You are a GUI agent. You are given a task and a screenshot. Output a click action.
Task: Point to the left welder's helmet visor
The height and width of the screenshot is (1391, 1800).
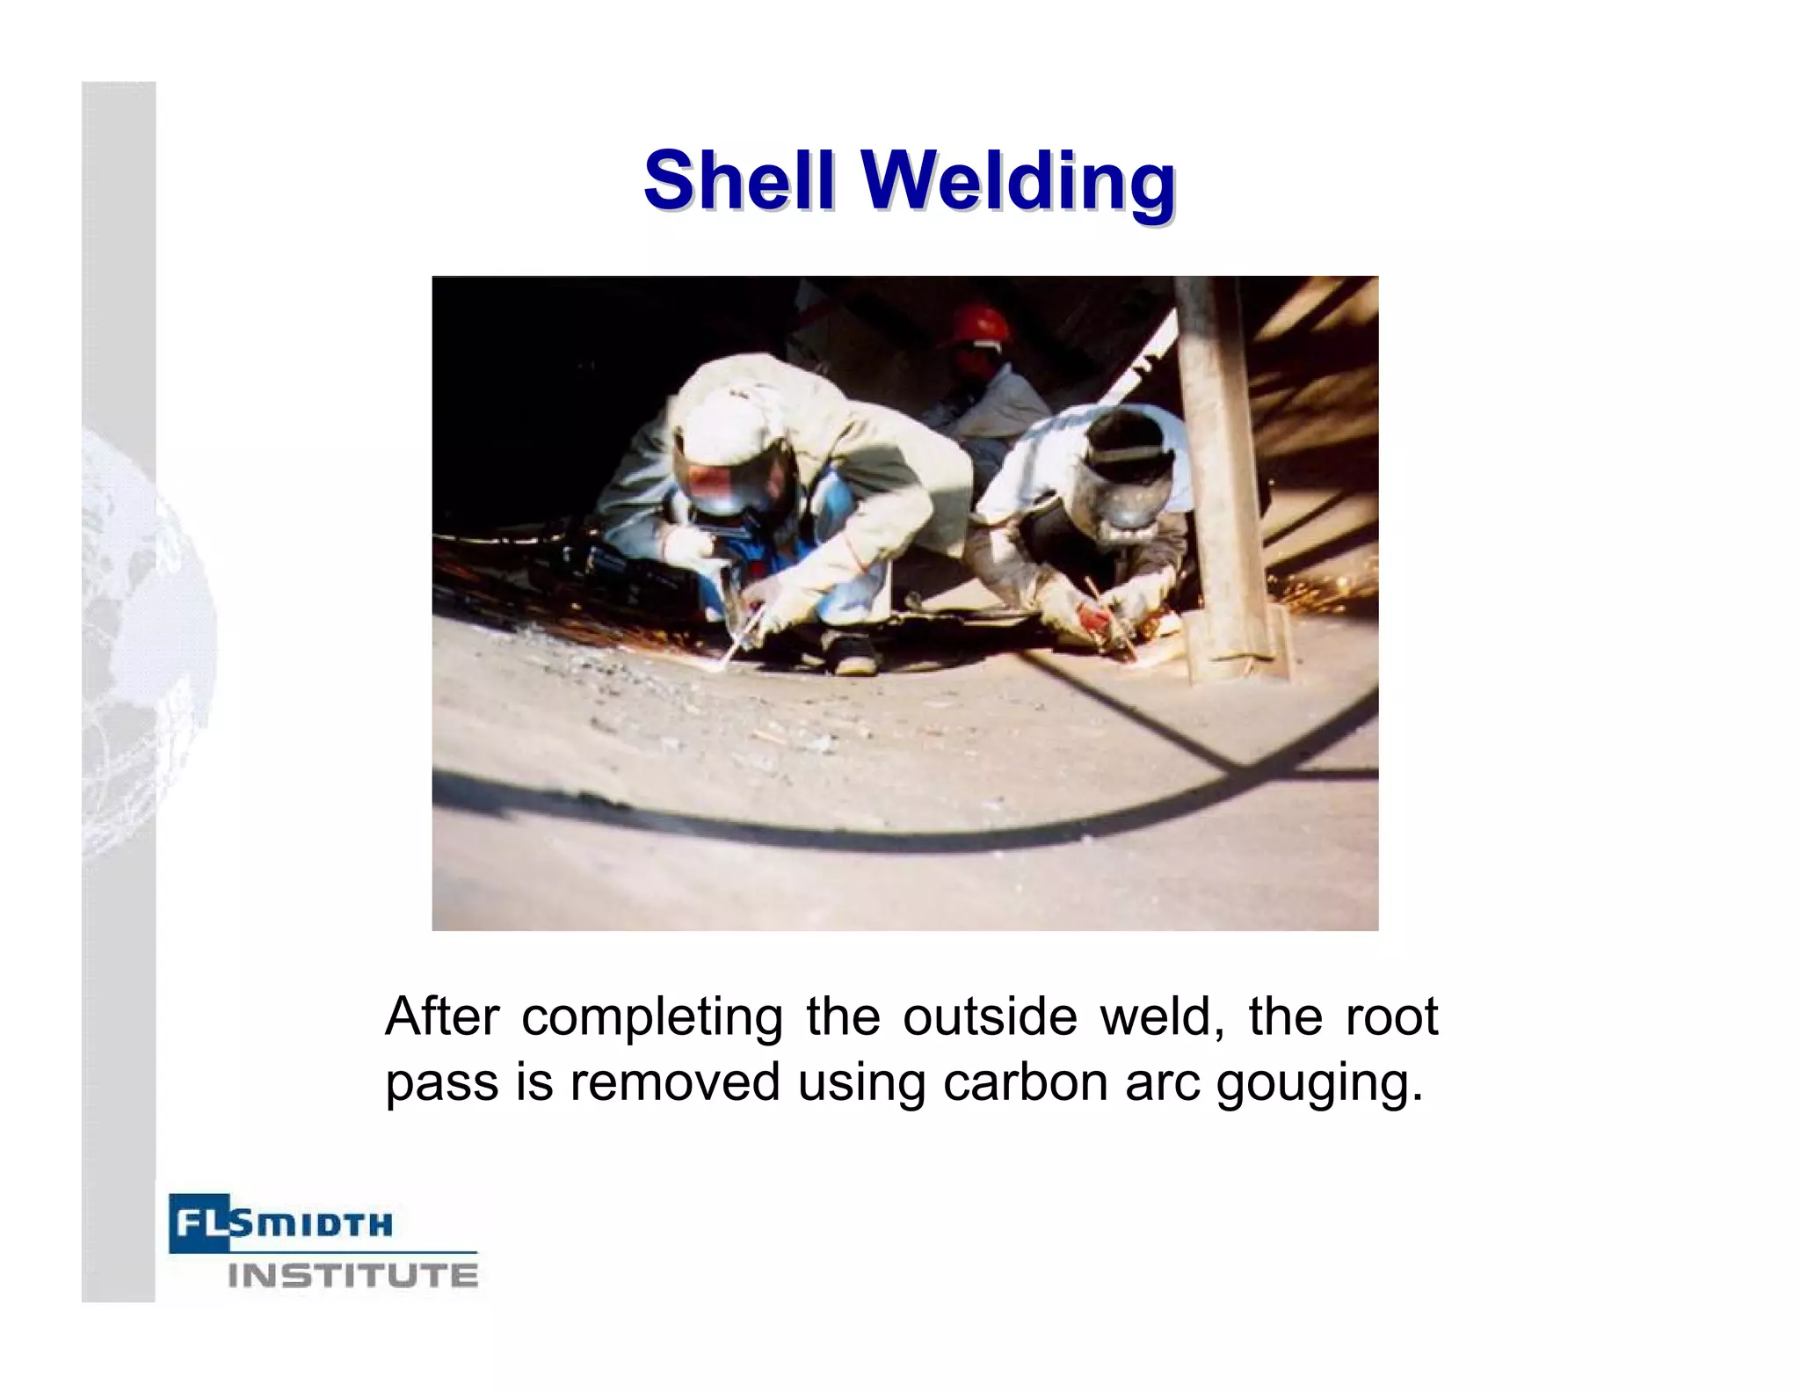(x=721, y=489)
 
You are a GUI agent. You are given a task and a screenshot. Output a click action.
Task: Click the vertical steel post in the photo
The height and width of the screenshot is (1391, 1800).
(x=1226, y=475)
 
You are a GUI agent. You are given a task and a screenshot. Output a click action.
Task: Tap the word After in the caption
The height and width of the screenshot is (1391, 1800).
(x=441, y=1017)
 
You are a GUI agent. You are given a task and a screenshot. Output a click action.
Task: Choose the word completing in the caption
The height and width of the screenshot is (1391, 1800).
(x=651, y=1019)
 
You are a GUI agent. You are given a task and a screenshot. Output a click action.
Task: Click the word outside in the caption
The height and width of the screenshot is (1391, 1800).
(x=989, y=1017)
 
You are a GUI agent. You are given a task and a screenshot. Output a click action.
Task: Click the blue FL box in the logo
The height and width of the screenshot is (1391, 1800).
(x=198, y=1222)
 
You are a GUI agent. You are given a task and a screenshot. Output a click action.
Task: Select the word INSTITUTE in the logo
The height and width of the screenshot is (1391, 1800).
(x=352, y=1275)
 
